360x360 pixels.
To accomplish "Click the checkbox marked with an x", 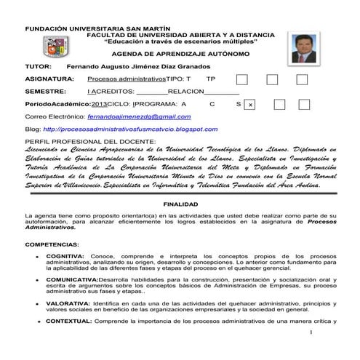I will click(250, 105).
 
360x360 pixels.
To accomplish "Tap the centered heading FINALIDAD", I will click(180, 205).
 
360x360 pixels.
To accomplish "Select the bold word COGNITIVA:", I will click(65, 257).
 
